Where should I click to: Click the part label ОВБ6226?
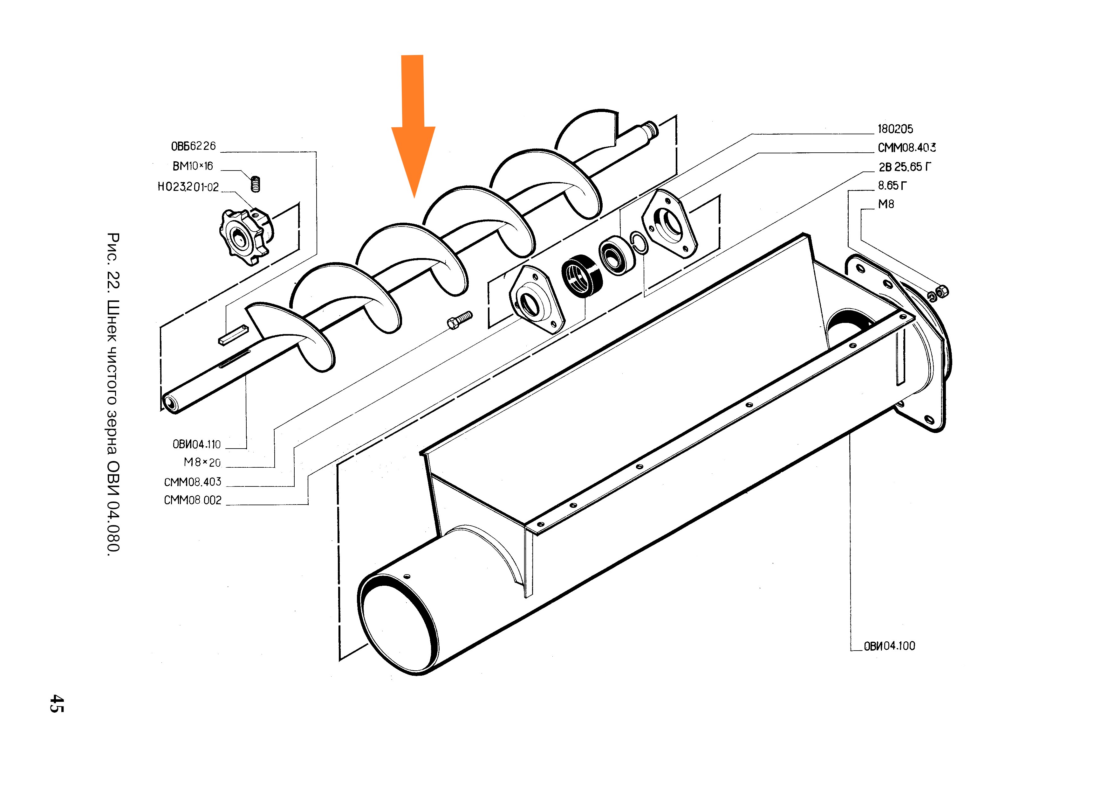coord(193,146)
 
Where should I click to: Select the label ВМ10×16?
coord(193,166)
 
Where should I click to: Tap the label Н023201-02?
coord(188,187)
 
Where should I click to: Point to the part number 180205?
coord(895,129)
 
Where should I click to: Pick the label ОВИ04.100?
coord(889,646)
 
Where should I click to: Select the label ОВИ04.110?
coord(197,444)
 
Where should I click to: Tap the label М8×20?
coord(202,463)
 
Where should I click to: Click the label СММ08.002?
coord(193,500)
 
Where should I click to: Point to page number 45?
coord(56,703)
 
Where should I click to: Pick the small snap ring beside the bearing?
coord(639,243)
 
